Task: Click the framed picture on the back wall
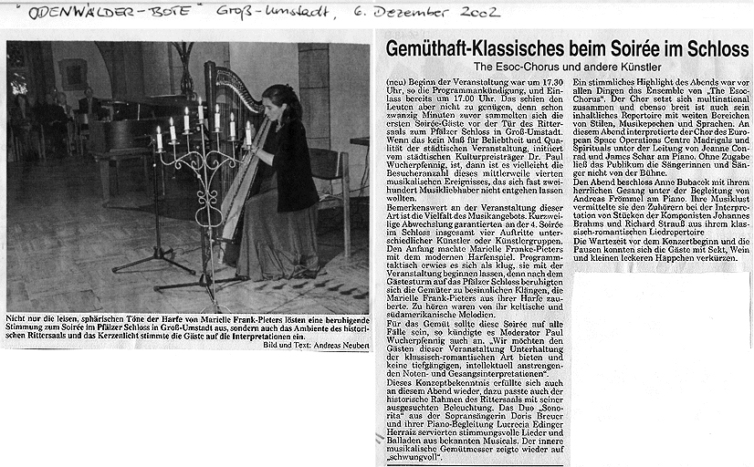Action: click(73, 73)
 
